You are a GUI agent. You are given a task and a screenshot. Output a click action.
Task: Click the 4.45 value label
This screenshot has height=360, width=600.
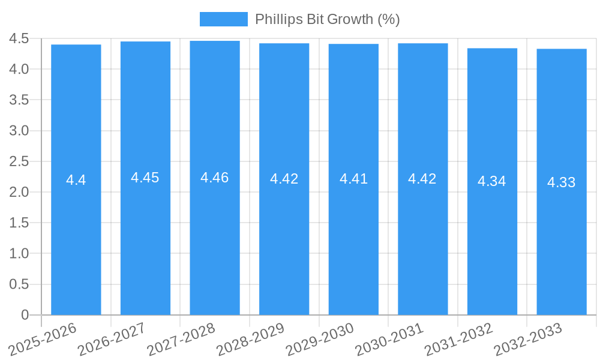[145, 178]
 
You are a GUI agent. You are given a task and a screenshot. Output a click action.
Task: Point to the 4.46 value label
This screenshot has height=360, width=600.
[215, 178]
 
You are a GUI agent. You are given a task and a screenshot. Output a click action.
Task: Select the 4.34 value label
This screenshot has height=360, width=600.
[492, 181]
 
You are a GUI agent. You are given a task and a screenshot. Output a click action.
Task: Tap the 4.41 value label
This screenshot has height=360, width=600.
[353, 179]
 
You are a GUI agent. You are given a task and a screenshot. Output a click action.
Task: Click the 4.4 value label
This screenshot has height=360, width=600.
[76, 180]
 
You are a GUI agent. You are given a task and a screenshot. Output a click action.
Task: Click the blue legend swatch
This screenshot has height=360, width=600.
[223, 19]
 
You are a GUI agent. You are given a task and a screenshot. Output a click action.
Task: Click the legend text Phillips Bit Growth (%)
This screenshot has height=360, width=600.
[327, 19]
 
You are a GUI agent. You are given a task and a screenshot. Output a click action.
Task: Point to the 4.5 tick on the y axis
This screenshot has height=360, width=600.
[19, 38]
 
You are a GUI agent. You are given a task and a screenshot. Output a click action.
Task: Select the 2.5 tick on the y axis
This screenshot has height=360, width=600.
[19, 161]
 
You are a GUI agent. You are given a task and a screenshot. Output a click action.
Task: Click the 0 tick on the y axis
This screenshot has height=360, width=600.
[25, 315]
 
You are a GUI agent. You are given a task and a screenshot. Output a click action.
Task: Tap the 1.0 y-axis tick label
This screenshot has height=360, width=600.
[19, 254]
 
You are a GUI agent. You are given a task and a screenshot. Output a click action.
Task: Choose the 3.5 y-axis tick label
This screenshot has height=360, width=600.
[19, 100]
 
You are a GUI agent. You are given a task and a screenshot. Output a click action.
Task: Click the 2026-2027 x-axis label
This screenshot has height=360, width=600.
[113, 340]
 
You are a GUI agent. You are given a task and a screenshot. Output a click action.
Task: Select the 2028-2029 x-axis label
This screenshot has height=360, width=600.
[251, 340]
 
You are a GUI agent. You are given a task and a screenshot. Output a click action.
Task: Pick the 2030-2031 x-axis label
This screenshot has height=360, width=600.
[390, 340]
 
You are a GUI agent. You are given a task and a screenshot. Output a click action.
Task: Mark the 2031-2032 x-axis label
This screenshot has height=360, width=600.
[459, 340]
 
